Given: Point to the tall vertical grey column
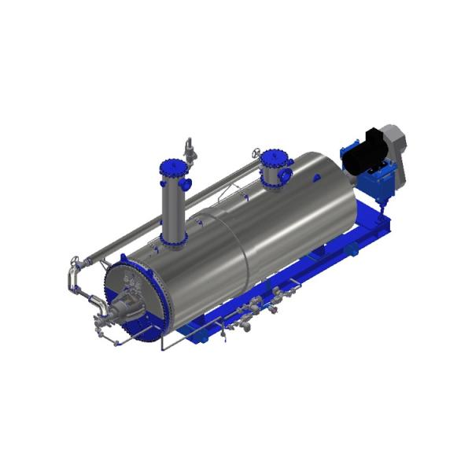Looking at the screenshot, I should coord(173,205).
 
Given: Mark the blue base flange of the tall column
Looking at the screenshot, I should coord(174,239).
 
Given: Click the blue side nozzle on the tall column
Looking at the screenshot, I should coord(186,183).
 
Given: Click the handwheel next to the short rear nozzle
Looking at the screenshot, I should coord(256,151).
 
